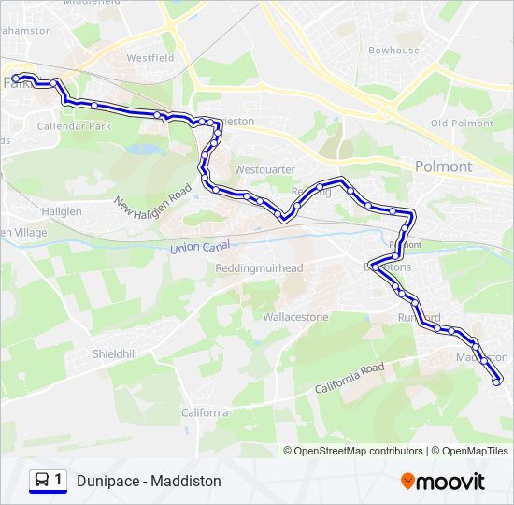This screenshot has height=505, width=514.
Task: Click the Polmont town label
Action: tap(443, 166)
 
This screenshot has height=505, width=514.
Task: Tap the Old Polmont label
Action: tap(462, 123)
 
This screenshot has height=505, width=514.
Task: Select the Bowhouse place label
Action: tap(393, 50)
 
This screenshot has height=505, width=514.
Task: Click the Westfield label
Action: tap(150, 58)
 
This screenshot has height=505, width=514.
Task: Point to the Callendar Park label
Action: tap(67, 125)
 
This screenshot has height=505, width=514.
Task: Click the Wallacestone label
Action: tap(295, 317)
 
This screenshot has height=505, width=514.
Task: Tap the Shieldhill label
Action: tap(114, 353)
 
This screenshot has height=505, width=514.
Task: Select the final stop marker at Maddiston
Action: tap(496, 380)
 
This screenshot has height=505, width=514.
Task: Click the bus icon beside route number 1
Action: tap(42, 480)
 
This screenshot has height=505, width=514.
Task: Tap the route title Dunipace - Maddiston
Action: tap(149, 481)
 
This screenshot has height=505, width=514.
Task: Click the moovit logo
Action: tap(443, 482)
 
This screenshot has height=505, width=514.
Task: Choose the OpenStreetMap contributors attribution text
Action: tap(358, 451)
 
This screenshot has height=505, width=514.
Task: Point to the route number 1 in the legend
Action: tap(59, 480)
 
